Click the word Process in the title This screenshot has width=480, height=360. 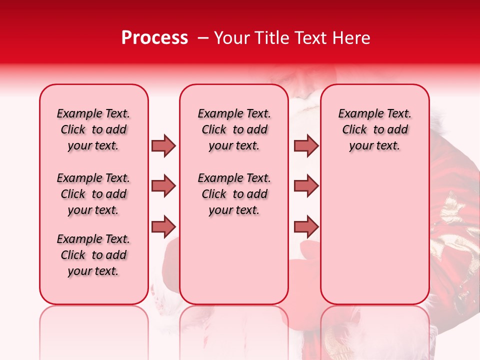[154, 38]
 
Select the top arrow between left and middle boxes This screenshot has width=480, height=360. [163, 145]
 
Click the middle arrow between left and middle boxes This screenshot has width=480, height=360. [163, 186]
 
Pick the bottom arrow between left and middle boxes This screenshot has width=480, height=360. [163, 226]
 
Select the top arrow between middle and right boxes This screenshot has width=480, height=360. [306, 145]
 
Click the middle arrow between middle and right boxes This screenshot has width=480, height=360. [306, 186]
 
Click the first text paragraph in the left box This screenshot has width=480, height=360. [93, 129]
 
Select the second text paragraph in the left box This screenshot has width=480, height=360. [93, 194]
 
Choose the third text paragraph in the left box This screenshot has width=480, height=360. [93, 255]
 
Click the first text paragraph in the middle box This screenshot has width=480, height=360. [234, 129]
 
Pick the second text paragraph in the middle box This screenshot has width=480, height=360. [234, 194]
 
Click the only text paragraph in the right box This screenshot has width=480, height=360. [374, 129]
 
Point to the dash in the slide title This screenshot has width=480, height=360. [203, 38]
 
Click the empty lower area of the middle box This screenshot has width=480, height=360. [234, 260]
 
